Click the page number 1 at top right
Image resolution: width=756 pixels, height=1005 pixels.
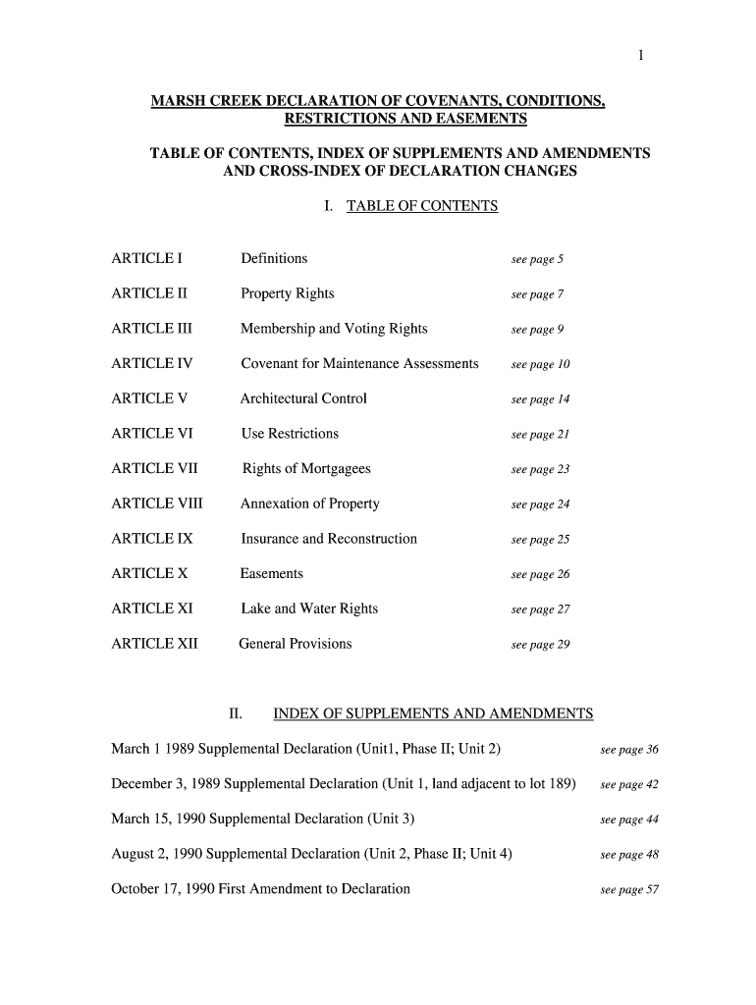[x=640, y=56]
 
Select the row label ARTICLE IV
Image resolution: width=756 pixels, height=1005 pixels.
[x=152, y=364]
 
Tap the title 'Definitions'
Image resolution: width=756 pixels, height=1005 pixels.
[x=274, y=259]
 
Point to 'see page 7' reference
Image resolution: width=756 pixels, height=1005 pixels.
[x=537, y=295]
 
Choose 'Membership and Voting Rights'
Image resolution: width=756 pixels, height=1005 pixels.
[x=334, y=329]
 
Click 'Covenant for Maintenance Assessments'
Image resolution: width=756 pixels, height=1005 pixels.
[x=359, y=364]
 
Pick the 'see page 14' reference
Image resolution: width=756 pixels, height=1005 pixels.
[x=540, y=400]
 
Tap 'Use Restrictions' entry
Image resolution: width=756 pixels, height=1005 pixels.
[x=290, y=434]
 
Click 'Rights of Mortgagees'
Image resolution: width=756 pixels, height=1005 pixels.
[x=306, y=469]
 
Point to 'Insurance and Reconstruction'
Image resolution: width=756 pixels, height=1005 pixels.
[x=329, y=539]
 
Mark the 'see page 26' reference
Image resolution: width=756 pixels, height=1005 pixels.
[x=540, y=575]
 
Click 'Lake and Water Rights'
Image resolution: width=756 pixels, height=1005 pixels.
[x=309, y=609]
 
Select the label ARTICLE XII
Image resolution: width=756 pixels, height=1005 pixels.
[x=155, y=645]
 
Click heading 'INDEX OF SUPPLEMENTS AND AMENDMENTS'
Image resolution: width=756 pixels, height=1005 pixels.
[x=433, y=714]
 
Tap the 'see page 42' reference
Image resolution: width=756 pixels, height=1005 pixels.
[x=628, y=785]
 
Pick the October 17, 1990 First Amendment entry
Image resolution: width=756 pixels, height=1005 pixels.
[x=260, y=889]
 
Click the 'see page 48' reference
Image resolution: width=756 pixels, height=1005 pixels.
[x=628, y=855]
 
